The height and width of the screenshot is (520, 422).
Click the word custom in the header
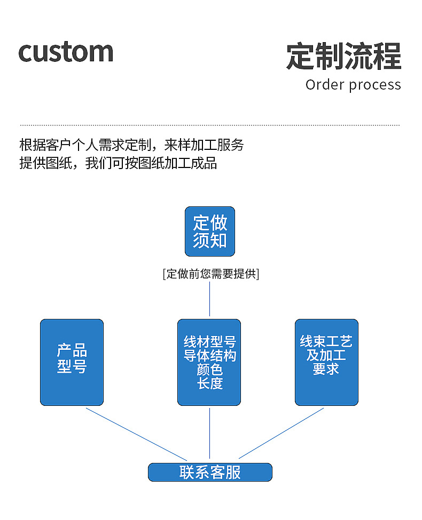tap(66, 52)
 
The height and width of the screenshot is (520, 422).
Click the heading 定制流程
tap(343, 56)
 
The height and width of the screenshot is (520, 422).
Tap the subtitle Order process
tap(353, 85)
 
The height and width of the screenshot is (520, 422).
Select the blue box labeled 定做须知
tap(210, 231)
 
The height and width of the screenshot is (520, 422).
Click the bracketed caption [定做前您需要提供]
tap(210, 274)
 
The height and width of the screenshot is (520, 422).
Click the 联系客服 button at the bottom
tap(210, 472)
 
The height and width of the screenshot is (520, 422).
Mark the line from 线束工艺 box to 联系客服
tap(281, 434)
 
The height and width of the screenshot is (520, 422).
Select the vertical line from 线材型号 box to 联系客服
tap(209, 433)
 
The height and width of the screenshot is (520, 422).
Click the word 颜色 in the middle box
tap(209, 370)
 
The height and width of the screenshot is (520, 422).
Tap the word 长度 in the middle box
tap(209, 383)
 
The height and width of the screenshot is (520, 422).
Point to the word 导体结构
tap(209, 356)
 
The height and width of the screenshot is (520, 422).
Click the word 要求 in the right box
tap(326, 369)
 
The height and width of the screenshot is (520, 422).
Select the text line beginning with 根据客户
tap(131, 145)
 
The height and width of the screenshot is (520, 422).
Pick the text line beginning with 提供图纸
tap(118, 163)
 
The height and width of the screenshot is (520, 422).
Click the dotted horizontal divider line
tap(210, 125)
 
